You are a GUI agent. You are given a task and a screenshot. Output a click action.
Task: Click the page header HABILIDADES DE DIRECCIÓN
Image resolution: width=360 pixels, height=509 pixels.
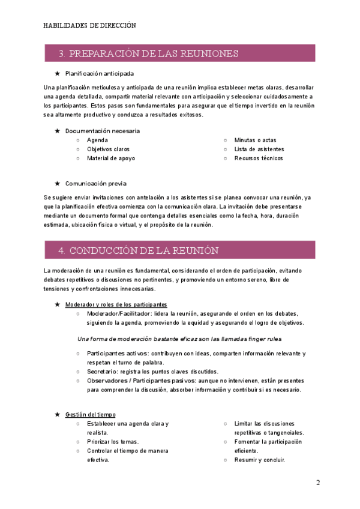click(x=90, y=26)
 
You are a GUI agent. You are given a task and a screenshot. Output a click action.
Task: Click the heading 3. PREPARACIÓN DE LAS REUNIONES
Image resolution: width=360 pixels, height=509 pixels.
click(x=149, y=53)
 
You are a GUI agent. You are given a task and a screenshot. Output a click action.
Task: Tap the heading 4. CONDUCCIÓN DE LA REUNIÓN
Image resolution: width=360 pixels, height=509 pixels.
click(x=139, y=250)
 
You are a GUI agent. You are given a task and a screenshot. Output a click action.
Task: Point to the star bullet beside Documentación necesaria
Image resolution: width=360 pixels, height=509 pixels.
click(x=57, y=131)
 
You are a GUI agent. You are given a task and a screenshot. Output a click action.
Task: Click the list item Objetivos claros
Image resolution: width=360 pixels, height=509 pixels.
click(x=108, y=149)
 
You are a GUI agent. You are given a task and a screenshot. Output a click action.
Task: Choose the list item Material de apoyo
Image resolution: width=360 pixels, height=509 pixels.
click(x=111, y=158)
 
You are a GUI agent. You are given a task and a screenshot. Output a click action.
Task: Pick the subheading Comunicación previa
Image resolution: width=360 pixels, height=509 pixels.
click(x=96, y=184)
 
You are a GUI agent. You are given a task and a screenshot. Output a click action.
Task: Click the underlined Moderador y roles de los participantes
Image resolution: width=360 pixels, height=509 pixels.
click(x=116, y=304)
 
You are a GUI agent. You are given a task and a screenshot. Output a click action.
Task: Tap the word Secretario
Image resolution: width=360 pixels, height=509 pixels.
click(x=102, y=372)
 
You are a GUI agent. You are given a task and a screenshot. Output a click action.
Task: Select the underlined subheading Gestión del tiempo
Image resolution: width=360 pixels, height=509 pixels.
click(x=91, y=414)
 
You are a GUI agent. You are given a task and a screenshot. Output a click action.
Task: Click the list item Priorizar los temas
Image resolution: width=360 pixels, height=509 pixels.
click(x=113, y=442)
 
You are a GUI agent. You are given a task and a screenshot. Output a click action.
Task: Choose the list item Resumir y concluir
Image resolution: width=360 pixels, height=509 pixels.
click(x=260, y=460)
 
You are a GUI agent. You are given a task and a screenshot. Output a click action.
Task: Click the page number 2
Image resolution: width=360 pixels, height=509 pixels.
click(x=319, y=483)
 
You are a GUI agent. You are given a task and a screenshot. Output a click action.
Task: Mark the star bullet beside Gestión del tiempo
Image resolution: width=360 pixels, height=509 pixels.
click(x=57, y=414)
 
